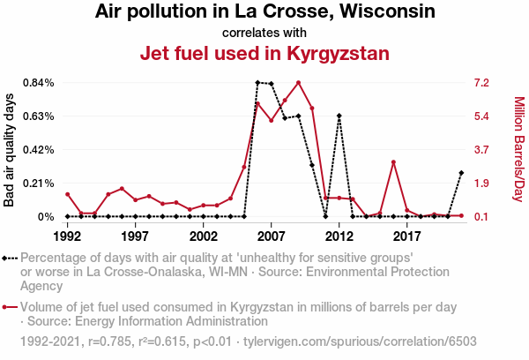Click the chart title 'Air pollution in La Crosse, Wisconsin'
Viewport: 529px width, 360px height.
pyautogui.click(x=264, y=12)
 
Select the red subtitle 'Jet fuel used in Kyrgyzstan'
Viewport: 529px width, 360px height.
pyautogui.click(x=264, y=53)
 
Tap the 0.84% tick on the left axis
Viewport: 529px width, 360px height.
pyautogui.click(x=38, y=83)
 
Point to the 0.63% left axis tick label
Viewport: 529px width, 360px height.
pyautogui.click(x=38, y=116)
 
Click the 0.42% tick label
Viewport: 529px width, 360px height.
pyautogui.click(x=38, y=150)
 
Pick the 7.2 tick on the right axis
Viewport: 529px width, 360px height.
pyautogui.click(x=481, y=83)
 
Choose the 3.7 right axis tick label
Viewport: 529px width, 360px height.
pyautogui.click(x=481, y=150)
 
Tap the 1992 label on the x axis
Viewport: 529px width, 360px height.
pyautogui.click(x=67, y=236)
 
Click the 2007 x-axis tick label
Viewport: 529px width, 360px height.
pyautogui.click(x=271, y=236)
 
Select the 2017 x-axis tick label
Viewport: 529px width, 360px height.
pyautogui.click(x=406, y=236)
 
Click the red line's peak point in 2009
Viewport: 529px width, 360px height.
pyautogui.click(x=299, y=83)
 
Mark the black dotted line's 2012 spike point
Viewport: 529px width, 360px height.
pyautogui.click(x=339, y=116)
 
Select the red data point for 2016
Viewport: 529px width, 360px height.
pyautogui.click(x=393, y=162)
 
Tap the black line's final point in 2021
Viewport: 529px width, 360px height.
pyautogui.click(x=461, y=173)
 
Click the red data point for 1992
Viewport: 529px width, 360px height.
pyautogui.click(x=67, y=194)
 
